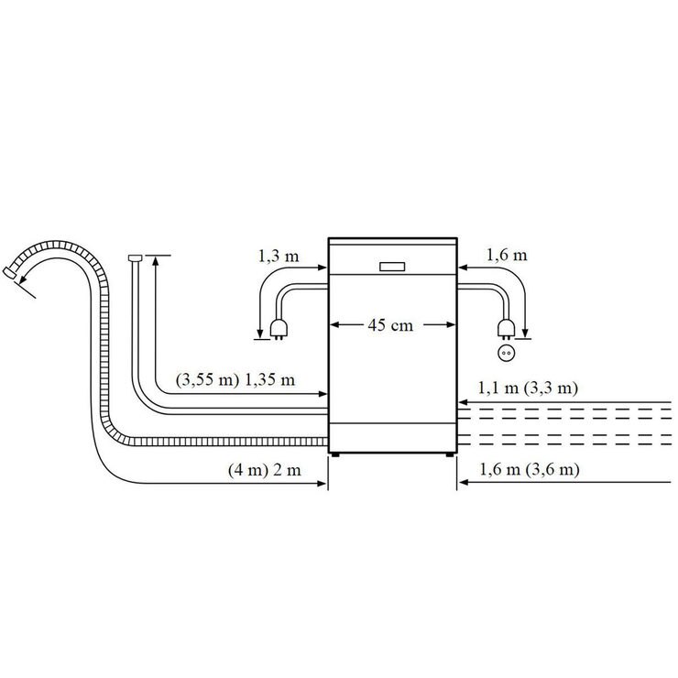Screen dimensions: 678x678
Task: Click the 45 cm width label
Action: click(390, 325)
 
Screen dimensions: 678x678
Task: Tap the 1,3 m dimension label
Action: click(279, 257)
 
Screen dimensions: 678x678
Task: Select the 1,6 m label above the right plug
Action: click(507, 255)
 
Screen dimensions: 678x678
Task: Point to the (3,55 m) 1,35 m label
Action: click(235, 380)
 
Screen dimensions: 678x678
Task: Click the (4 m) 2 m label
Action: click(265, 470)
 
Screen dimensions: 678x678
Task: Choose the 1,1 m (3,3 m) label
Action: click(528, 388)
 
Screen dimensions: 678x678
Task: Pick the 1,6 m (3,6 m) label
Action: click(530, 469)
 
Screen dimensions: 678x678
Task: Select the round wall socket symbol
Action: click(506, 354)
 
